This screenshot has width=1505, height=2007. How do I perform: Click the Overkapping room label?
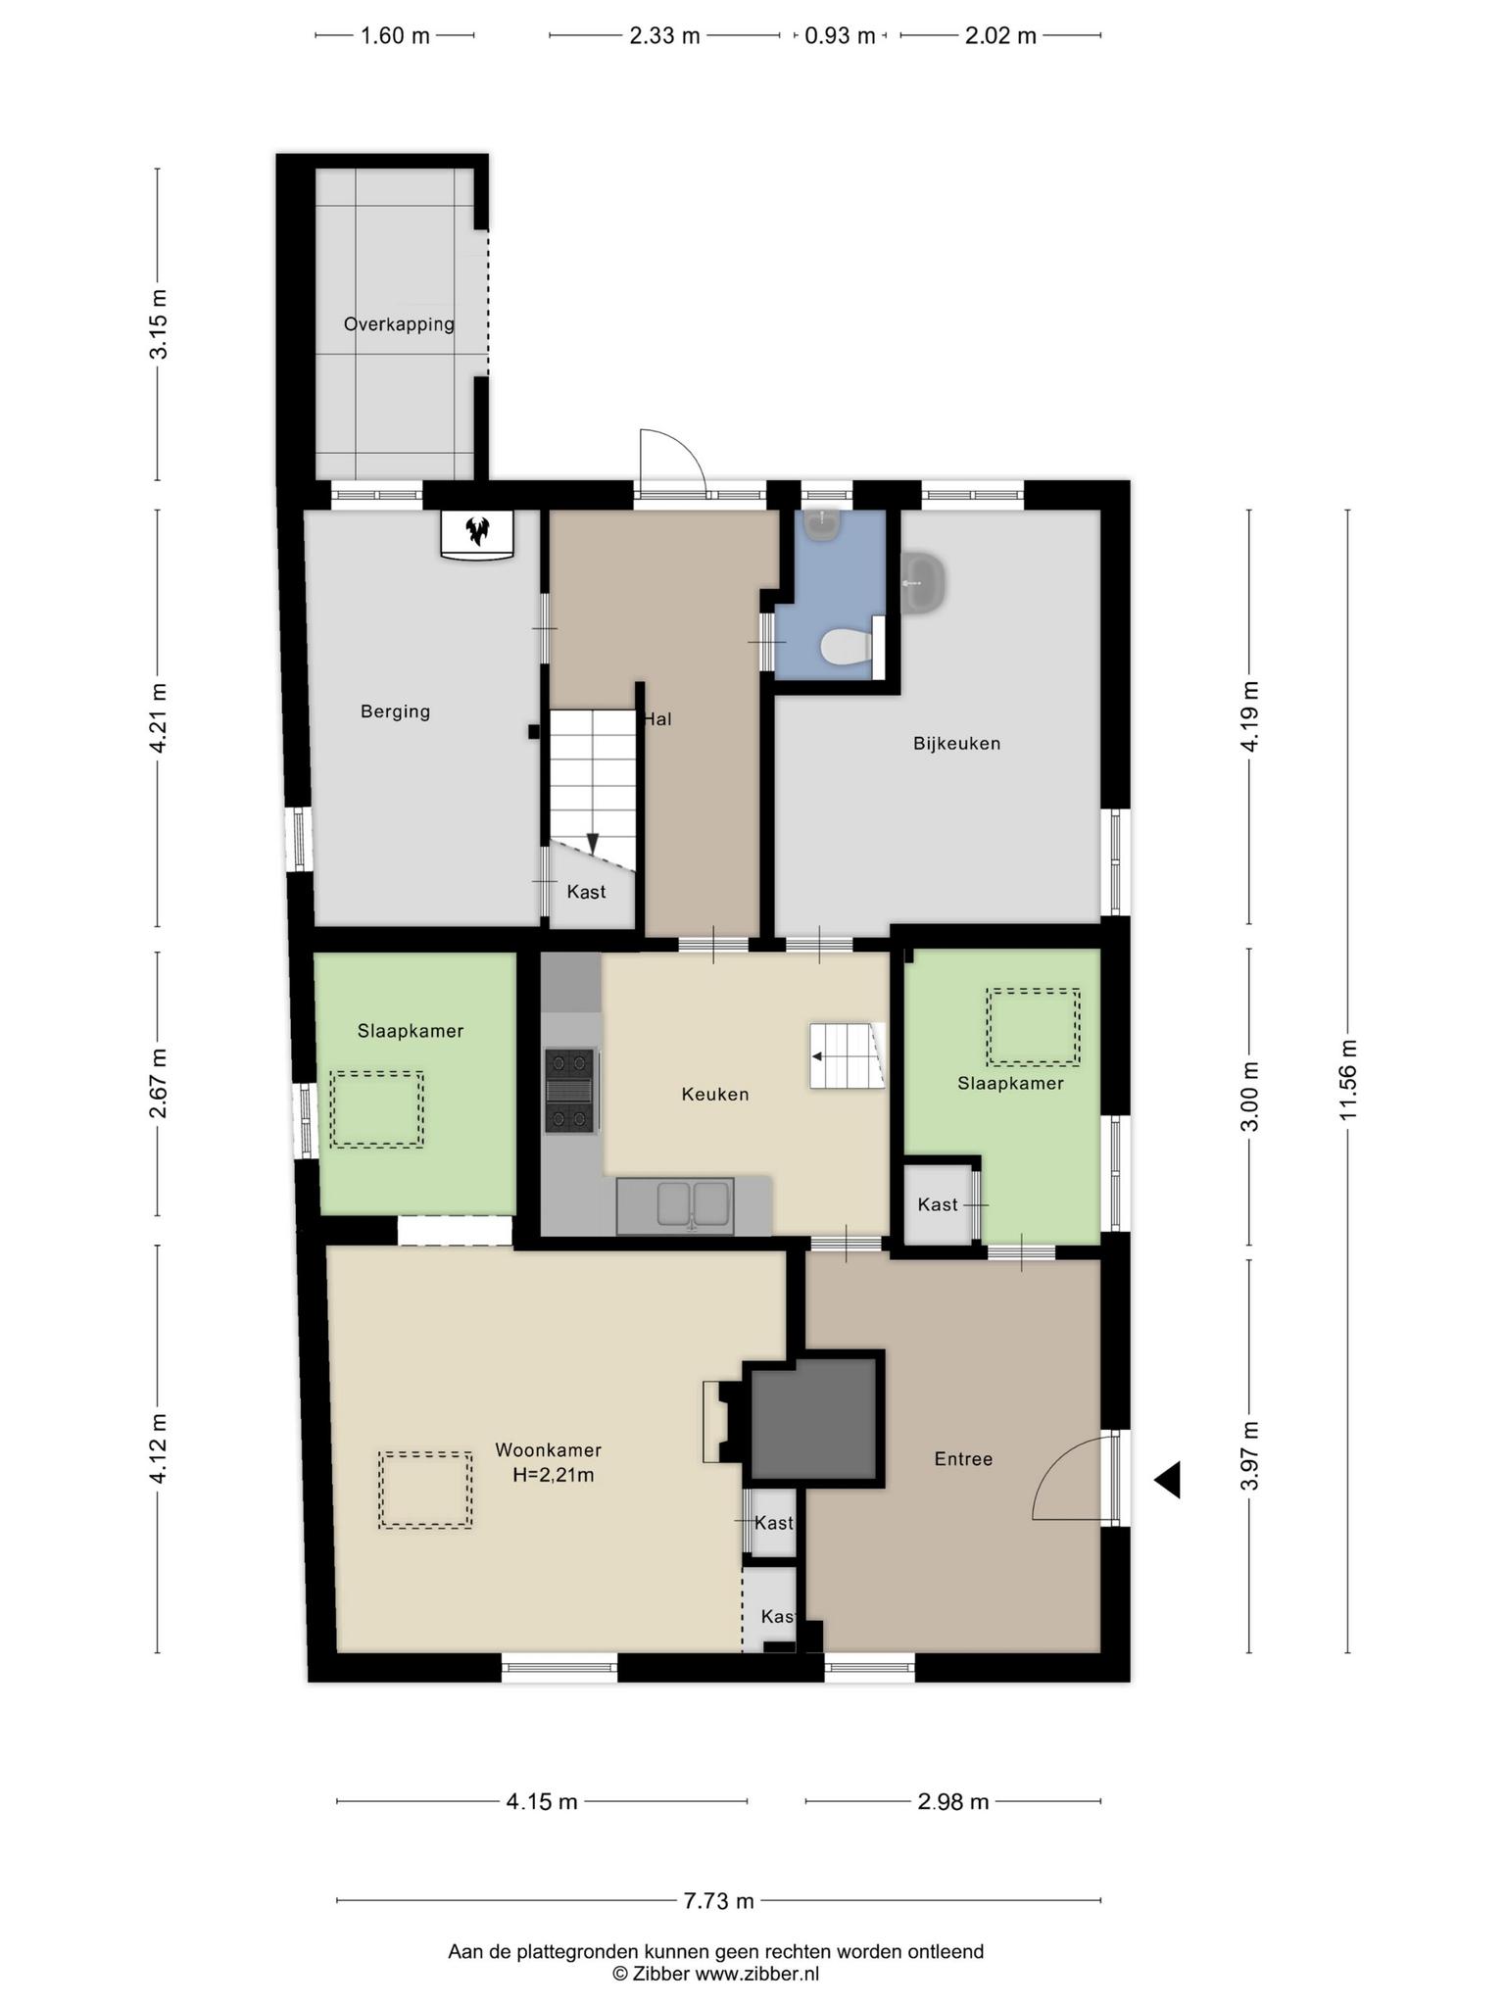click(399, 324)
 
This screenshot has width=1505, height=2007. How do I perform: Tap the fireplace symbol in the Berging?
click(477, 534)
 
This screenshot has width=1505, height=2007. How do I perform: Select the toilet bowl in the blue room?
click(846, 647)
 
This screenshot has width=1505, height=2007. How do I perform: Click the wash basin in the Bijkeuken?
click(922, 582)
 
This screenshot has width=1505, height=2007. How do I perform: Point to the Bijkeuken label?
click(956, 744)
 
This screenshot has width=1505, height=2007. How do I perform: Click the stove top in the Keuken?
click(569, 1091)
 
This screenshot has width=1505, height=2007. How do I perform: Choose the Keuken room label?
click(715, 1095)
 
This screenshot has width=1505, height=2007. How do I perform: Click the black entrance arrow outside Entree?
click(1167, 1480)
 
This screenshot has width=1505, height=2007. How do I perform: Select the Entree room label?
click(963, 1459)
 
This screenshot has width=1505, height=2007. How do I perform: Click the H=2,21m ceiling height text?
click(554, 1475)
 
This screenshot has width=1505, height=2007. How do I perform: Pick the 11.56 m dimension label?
click(1348, 1080)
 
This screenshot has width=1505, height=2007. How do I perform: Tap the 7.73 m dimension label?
click(718, 1901)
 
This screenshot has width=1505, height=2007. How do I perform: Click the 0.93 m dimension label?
click(840, 36)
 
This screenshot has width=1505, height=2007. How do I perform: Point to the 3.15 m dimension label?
click(158, 324)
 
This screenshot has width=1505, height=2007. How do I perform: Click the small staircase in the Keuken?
click(847, 1055)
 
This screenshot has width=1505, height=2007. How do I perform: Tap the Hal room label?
click(657, 719)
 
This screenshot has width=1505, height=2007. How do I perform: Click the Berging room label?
click(395, 712)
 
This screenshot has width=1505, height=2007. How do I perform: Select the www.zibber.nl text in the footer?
click(757, 1974)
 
